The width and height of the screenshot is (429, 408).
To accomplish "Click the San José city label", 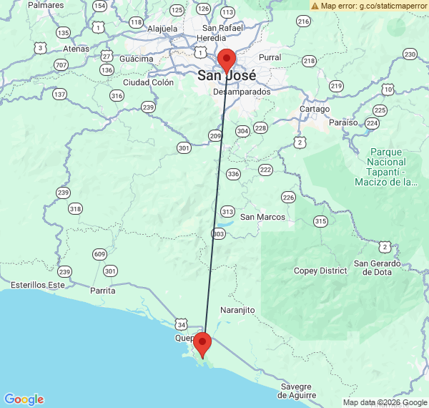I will (x=227, y=76).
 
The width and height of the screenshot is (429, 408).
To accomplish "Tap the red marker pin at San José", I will (x=227, y=59).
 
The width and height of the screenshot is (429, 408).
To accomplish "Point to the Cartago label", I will (x=315, y=109).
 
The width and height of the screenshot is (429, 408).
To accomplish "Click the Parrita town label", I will (x=102, y=291).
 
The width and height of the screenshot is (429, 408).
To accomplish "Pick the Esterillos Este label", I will (x=36, y=285).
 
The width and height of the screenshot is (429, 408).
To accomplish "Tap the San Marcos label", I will (x=262, y=217).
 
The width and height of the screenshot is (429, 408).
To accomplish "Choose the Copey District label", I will (x=320, y=271).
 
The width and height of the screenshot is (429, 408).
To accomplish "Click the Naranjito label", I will (x=238, y=310).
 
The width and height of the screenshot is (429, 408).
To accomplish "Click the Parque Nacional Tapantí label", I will (x=387, y=167).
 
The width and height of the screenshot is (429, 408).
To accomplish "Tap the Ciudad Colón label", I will (x=149, y=82).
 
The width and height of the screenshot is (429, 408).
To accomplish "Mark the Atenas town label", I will (x=76, y=49).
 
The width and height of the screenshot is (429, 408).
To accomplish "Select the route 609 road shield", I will (x=99, y=255).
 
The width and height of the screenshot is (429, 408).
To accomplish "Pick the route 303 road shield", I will (x=219, y=234).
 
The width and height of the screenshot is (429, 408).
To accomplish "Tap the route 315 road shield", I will (x=320, y=221).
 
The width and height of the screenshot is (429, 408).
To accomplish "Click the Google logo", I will (x=24, y=399).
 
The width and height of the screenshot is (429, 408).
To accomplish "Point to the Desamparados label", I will (x=242, y=92).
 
